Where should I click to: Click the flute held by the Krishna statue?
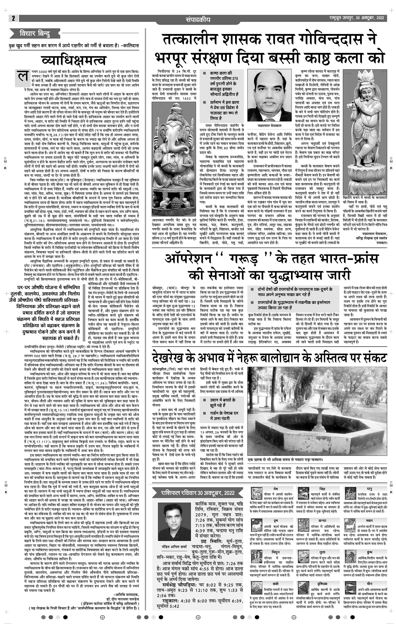click(x=355, y=104)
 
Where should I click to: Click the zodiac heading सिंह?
click(x=322, y=488)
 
